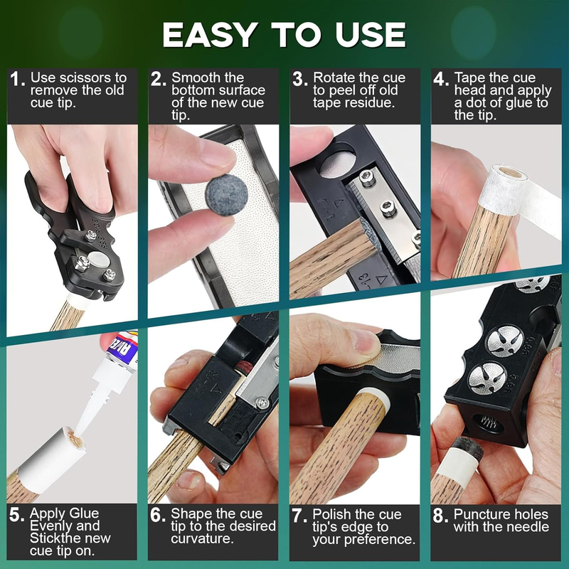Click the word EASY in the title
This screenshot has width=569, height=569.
click(x=211, y=34)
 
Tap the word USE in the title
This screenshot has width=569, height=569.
click(x=370, y=34)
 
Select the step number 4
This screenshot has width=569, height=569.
click(x=441, y=79)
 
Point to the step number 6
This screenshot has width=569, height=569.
click(x=158, y=515)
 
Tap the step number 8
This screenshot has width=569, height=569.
click(x=440, y=516)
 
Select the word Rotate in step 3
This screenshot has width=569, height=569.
click(x=334, y=78)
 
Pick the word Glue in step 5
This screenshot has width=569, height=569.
click(x=84, y=513)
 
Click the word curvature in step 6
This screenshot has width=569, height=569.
click(x=202, y=538)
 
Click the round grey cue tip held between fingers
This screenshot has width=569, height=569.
click(x=226, y=195)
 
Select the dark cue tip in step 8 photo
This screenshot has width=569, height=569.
click(x=468, y=450)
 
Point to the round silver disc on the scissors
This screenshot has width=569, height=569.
click(x=99, y=259)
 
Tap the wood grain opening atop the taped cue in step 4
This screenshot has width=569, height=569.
click(x=512, y=172)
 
